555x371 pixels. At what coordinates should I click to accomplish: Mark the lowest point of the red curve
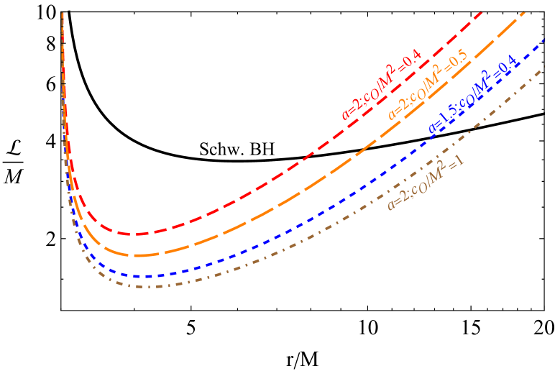[134, 234]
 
